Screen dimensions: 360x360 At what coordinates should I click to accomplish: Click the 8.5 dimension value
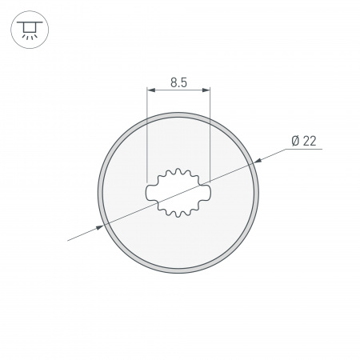tap(178, 81)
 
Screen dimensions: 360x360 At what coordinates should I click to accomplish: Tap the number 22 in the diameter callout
tap(310, 142)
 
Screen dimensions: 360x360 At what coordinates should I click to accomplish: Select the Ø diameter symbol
tap(295, 142)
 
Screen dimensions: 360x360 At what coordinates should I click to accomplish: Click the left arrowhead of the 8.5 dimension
tap(151, 91)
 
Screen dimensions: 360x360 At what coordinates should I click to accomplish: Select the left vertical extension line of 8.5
tap(148, 136)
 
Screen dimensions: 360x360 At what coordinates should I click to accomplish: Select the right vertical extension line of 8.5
tap(209, 136)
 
